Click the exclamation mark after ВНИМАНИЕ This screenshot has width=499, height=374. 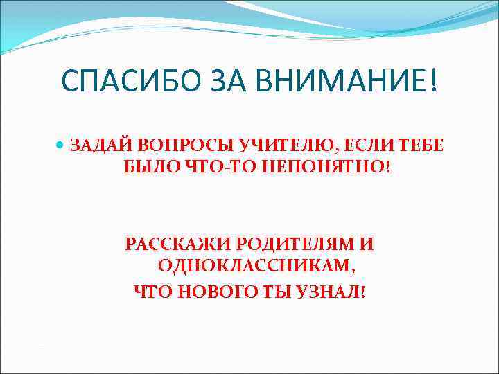click(x=434, y=84)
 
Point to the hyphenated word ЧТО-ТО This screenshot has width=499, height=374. click(x=206, y=168)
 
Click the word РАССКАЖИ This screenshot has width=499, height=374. click(x=177, y=244)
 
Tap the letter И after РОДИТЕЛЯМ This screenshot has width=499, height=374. click(x=367, y=244)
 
